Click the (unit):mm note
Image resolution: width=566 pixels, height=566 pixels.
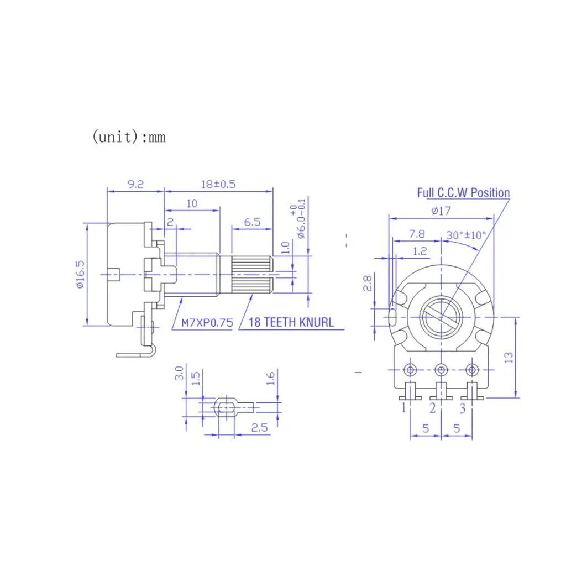[x=129, y=137]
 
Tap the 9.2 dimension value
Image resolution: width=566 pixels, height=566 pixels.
[x=136, y=185]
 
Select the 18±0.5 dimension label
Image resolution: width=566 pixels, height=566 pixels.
[x=218, y=185]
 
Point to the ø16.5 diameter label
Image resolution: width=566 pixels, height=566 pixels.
[x=80, y=274]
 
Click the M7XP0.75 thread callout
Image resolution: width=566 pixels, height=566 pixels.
[x=207, y=323]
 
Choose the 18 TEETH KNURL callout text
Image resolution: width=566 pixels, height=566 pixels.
[x=291, y=322]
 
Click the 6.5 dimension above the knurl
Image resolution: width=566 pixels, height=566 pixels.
[x=252, y=222]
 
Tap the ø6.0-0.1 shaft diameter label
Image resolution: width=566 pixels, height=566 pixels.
[x=299, y=219]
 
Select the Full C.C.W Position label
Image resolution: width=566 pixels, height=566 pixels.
[x=464, y=193]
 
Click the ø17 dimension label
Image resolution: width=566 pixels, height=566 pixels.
[x=441, y=211]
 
